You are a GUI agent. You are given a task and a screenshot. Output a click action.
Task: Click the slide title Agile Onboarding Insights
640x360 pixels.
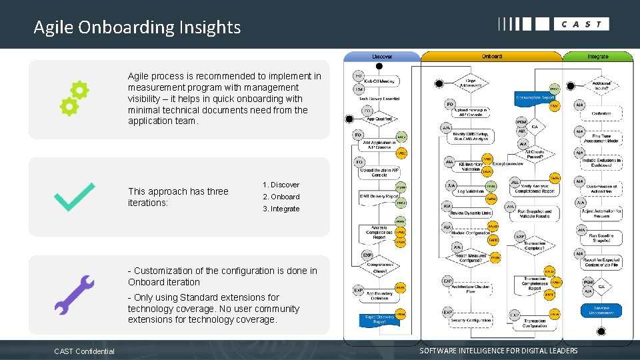pos(137,27)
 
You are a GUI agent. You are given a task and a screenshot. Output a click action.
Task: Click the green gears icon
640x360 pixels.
pos(74,99)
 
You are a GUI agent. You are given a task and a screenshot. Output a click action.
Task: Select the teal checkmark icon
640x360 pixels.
pos(74,197)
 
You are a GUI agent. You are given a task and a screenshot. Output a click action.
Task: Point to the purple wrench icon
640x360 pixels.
pos(74,295)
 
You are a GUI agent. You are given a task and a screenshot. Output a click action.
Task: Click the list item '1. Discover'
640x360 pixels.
pos(281,185)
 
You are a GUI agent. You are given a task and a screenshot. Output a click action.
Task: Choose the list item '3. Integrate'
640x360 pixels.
pos(281,209)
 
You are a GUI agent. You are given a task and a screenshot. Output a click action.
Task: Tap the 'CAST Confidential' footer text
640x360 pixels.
pos(85,351)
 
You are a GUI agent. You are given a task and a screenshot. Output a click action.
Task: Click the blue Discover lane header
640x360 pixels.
pos(382,57)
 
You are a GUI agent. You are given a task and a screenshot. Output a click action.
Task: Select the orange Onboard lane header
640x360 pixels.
pos(491,57)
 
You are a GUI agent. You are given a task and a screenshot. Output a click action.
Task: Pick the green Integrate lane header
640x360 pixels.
pos(597,57)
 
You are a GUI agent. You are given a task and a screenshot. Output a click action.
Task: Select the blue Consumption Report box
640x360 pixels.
pos(535,97)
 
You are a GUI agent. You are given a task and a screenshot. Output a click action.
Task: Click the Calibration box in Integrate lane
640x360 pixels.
pos(601,114)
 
